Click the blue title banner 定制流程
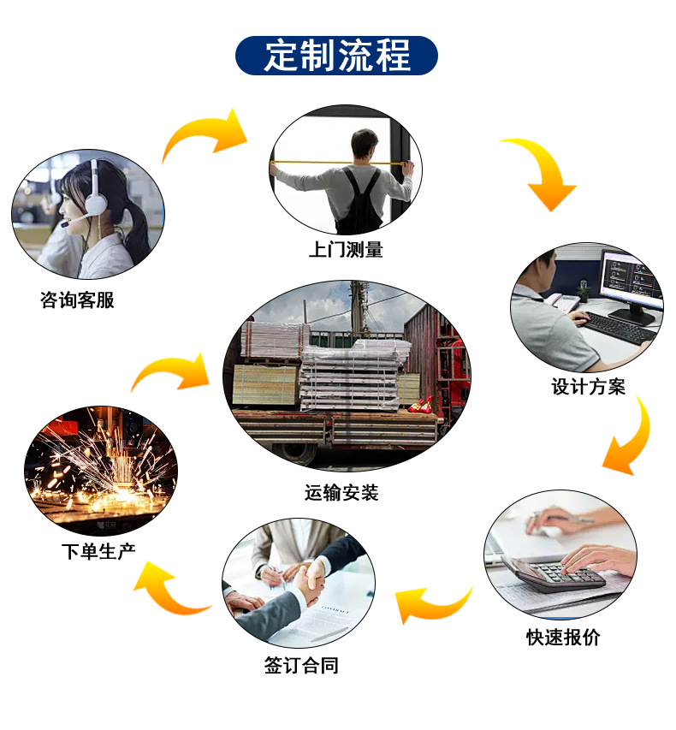click(x=337, y=56)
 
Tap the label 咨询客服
click(x=76, y=300)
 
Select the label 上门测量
click(x=346, y=250)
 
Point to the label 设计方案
click(x=588, y=387)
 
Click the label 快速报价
click(x=563, y=638)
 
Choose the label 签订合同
click(x=301, y=665)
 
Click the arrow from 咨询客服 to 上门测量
click(x=205, y=134)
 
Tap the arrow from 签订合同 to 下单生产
click(x=171, y=589)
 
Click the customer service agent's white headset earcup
click(x=95, y=202)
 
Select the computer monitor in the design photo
click(x=631, y=280)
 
